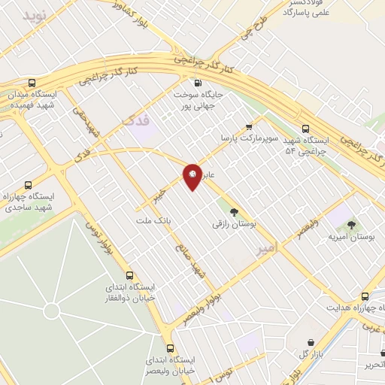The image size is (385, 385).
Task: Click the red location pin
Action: click(192, 176)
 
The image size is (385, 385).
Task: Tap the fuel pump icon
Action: click(197, 83)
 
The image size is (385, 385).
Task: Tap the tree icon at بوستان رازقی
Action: click(233, 213)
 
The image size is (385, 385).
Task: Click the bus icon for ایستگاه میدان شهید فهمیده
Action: click(31, 83)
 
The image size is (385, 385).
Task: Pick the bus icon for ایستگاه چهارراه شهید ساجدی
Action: click(29, 185)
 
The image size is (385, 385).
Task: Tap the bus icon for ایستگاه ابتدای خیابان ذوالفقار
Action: click(130, 275)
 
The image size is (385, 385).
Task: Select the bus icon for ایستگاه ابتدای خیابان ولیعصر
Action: click(171, 348)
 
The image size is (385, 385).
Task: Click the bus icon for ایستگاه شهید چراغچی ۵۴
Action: click(305, 129)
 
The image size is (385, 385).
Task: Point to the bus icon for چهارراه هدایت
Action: click(365, 296)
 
